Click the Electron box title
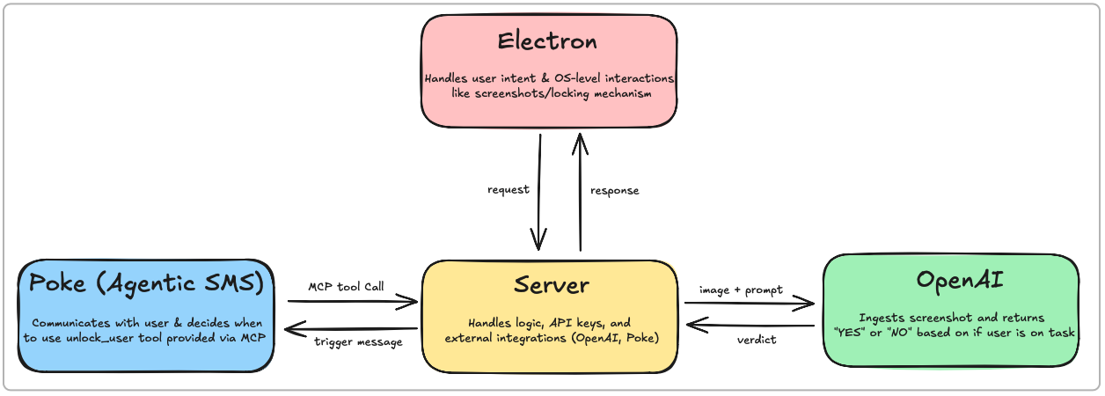pyautogui.click(x=547, y=41)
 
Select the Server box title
pyautogui.click(x=551, y=285)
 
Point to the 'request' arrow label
pyautogui.click(x=508, y=190)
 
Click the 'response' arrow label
pyautogui.click(x=614, y=190)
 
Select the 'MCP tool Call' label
pyautogui.click(x=346, y=287)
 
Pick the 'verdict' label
pyautogui.click(x=757, y=340)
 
